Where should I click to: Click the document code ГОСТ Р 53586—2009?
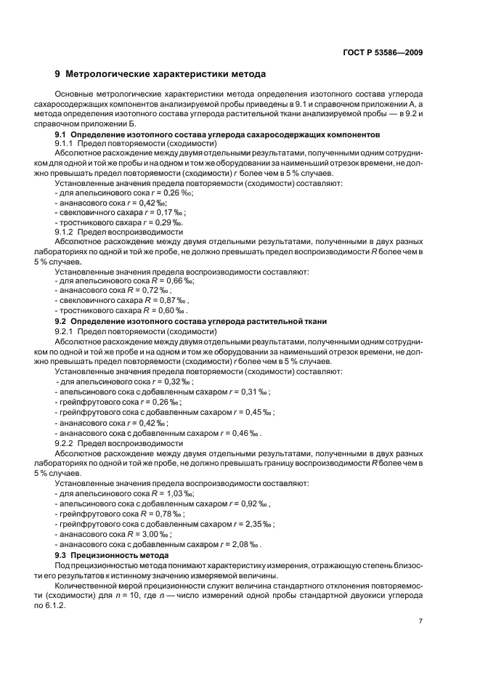[x=383, y=52]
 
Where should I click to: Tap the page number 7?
[x=420, y=621]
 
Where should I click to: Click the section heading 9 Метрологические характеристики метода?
[x=160, y=73]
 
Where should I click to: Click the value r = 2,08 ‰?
[x=242, y=543]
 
